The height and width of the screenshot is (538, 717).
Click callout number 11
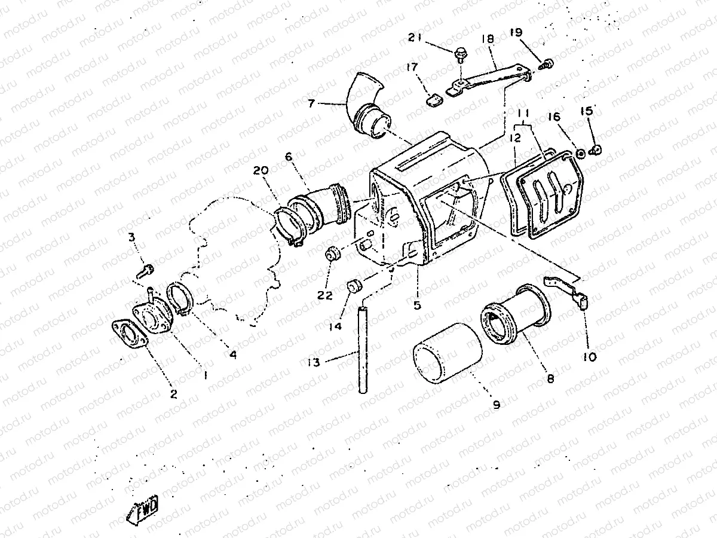click(x=523, y=114)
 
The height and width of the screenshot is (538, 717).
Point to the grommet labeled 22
click(x=332, y=254)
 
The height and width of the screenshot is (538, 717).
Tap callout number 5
click(x=417, y=304)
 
